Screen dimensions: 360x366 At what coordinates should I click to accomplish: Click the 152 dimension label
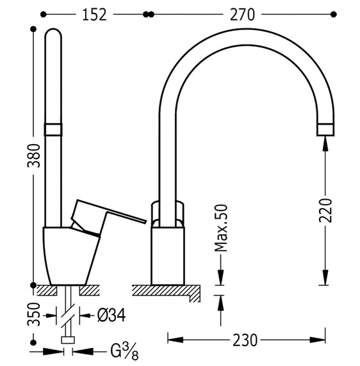[94, 15]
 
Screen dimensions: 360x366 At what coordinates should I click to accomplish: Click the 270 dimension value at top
[242, 15]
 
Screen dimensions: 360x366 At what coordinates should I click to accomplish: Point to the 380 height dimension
[34, 156]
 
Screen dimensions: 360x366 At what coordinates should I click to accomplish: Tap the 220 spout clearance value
[325, 210]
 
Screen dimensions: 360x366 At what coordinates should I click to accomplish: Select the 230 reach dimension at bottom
[245, 340]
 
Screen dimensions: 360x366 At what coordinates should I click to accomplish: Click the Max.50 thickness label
[221, 228]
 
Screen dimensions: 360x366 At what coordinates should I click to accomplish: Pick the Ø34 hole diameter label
[111, 315]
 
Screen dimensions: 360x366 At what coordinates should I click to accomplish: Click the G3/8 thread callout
[124, 352]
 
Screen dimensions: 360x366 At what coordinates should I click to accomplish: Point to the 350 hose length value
[34, 314]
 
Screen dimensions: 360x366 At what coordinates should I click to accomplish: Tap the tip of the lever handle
[145, 221]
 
